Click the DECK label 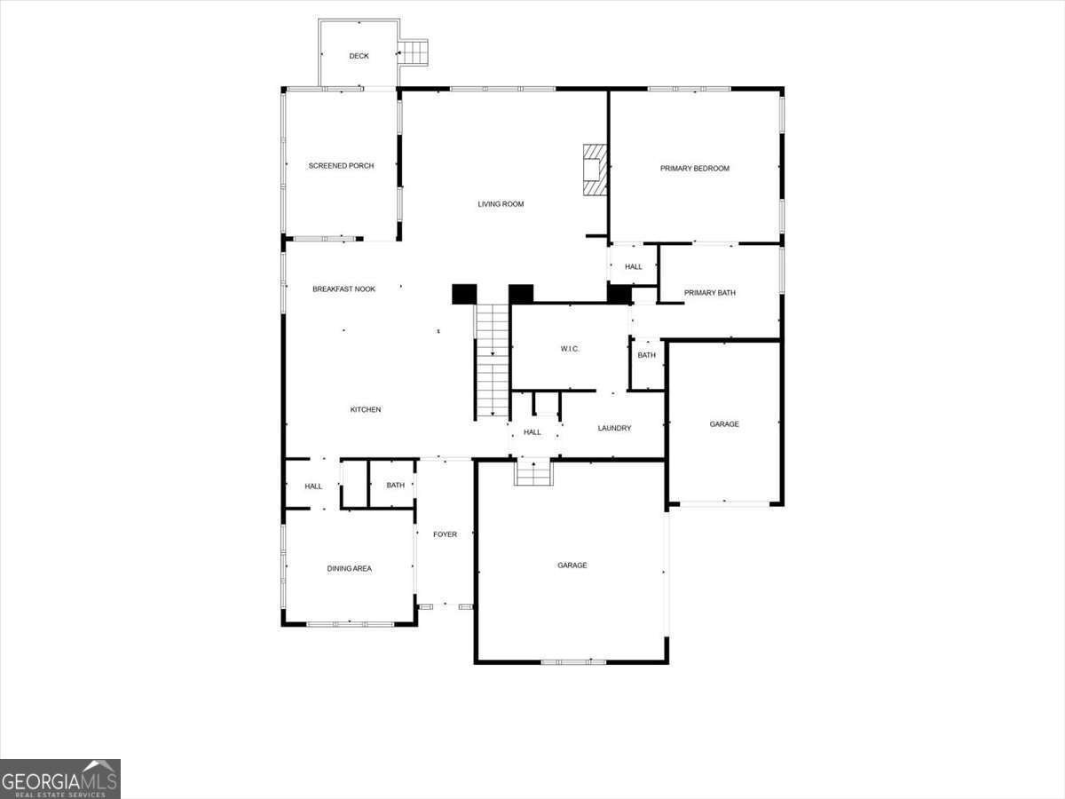(359, 56)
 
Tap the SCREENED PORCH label (341, 166)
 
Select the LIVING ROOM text (501, 204)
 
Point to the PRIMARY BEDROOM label (695, 169)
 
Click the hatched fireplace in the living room (595, 170)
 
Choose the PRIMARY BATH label (710, 293)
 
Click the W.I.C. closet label (570, 349)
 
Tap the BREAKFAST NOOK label (344, 289)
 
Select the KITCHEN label (366, 410)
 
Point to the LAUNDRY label (614, 429)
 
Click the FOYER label (445, 534)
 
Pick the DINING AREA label (350, 568)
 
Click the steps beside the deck (413, 52)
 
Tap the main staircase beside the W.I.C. (492, 361)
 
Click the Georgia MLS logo (60, 779)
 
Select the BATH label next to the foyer (396, 485)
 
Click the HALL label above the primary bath (633, 267)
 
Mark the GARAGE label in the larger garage (572, 566)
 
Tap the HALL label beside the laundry (532, 432)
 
